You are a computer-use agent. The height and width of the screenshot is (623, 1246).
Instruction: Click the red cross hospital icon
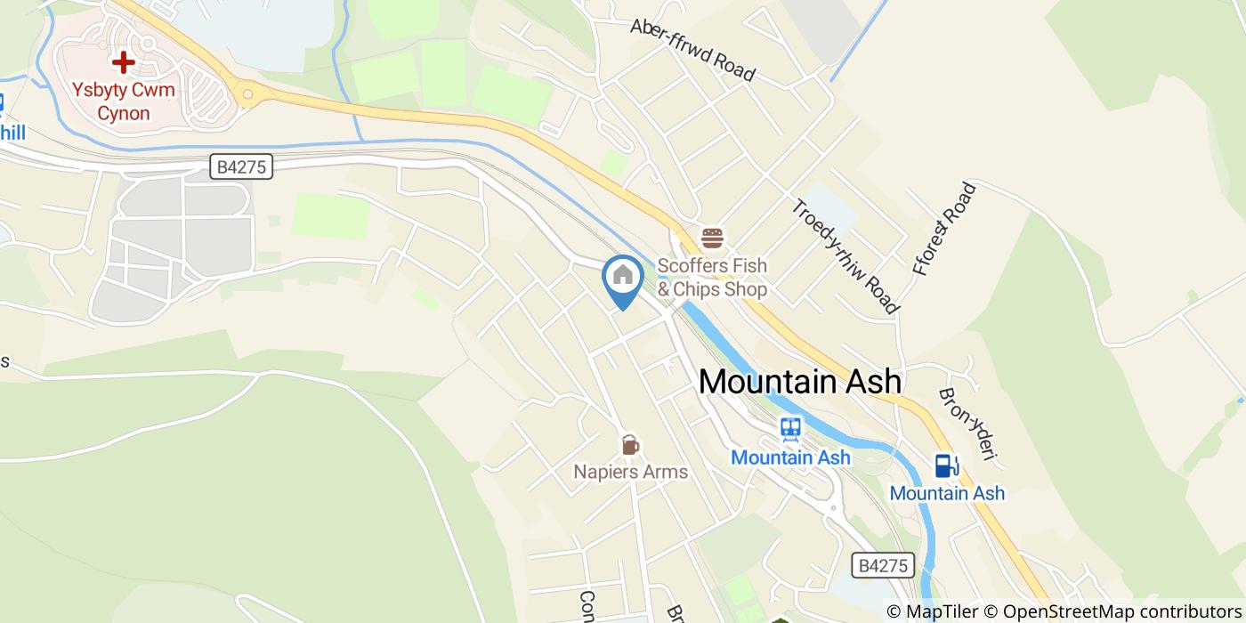coord(123,62)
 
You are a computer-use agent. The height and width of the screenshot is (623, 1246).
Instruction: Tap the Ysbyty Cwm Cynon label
coord(124,101)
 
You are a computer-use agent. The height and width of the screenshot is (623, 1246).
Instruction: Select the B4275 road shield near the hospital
coord(241,166)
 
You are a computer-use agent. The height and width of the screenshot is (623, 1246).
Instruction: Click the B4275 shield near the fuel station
coord(883,565)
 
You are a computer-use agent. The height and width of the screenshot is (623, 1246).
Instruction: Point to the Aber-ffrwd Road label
coord(692,49)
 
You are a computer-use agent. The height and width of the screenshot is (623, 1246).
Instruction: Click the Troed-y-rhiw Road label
coord(844,256)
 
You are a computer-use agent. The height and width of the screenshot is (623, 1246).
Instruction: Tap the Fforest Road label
coord(944,229)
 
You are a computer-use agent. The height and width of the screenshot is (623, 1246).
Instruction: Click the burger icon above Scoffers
coord(712,239)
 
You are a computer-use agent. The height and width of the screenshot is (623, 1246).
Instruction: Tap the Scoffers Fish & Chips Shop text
coord(712,278)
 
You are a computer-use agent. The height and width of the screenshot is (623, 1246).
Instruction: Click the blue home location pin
coord(623,278)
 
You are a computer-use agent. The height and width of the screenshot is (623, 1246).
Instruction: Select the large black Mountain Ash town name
coord(799,382)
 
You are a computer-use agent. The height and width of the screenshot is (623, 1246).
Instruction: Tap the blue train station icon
coord(789,429)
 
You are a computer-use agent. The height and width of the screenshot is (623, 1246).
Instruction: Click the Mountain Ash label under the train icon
coord(790,457)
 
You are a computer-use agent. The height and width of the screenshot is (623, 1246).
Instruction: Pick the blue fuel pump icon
coord(946,465)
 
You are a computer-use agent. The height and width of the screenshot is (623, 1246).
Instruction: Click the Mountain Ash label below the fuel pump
coord(947,493)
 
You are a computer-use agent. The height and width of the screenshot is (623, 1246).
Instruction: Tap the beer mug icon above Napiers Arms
coord(630,444)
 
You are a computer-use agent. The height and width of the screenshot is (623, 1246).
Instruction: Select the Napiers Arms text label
coord(630,472)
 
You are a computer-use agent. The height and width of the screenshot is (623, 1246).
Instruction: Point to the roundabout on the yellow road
coord(247,93)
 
